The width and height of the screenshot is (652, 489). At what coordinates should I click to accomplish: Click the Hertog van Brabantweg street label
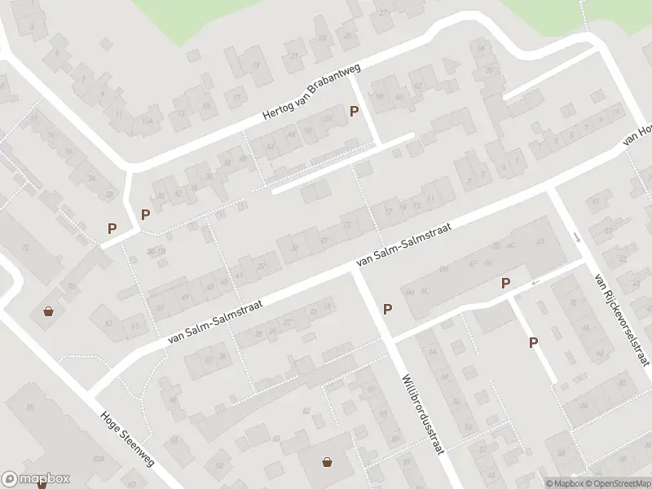[x=311, y=95]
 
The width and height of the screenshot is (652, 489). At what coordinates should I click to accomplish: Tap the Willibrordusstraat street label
[x=421, y=414]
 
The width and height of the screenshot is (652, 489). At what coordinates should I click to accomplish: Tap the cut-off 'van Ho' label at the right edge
[x=637, y=137]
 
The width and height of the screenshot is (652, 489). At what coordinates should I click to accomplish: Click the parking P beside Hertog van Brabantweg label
[x=354, y=112]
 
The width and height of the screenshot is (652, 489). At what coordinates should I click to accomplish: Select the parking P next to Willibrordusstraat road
[x=388, y=309]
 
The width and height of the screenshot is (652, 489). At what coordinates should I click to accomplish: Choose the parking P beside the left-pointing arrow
[x=506, y=283]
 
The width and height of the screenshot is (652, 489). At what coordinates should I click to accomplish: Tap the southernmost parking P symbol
[x=534, y=343]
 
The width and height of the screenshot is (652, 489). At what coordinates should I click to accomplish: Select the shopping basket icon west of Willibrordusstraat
[x=328, y=462]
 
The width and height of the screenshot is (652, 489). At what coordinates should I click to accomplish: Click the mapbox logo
[x=36, y=479]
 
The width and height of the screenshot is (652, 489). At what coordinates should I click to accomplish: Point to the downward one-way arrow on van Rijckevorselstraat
[x=577, y=237]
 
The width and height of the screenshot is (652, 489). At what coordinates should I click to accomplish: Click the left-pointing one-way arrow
[x=535, y=282]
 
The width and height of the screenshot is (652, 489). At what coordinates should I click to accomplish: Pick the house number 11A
[x=148, y=121]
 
